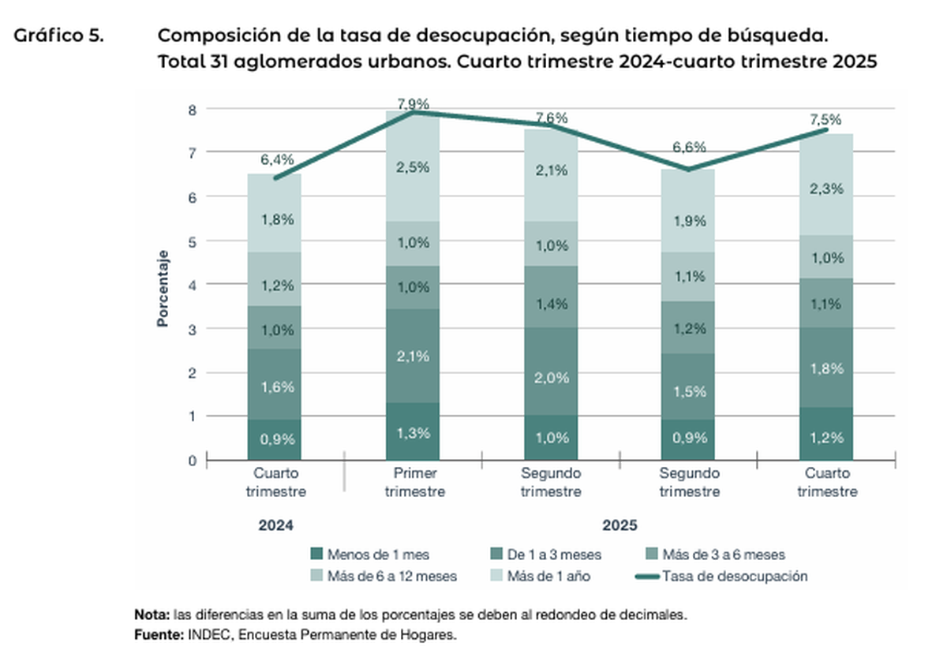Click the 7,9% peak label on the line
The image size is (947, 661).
coord(414,104)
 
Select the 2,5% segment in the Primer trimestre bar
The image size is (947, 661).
coord(414,167)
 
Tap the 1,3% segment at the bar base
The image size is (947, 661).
coord(414,431)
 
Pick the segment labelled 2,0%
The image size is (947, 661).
coord(552,377)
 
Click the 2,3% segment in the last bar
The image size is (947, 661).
coord(827,189)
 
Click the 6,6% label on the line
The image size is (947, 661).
coord(690,148)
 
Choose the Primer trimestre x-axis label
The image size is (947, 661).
coord(414,482)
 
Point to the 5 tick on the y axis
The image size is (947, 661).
coord(192,241)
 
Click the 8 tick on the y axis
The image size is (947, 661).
coord(192,109)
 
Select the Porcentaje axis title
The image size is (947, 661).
coord(163,288)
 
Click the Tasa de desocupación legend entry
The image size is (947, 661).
coord(735,576)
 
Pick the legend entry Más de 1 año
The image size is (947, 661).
coord(548,577)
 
